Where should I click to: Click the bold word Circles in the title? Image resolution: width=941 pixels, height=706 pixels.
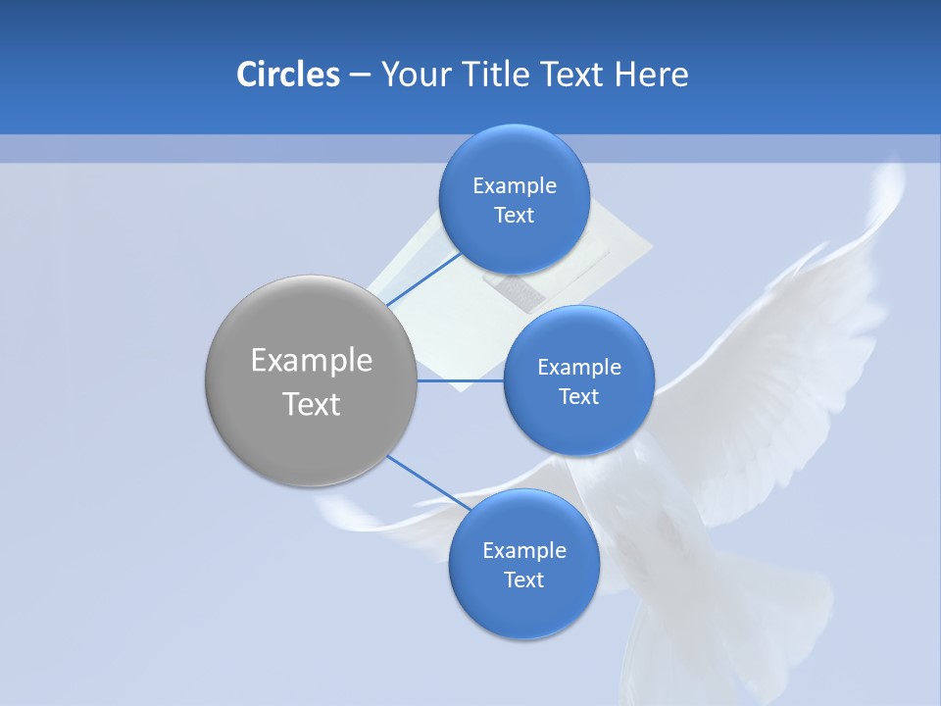coord(287,75)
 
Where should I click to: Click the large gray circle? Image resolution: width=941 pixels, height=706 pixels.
coord(311,380)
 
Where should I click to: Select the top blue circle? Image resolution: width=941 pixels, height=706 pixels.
coord(514,199)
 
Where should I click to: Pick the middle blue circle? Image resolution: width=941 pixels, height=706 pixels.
coord(578,380)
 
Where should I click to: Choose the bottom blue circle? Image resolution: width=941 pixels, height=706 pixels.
coord(523,564)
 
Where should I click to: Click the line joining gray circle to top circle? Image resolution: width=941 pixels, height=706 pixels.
coord(423,279)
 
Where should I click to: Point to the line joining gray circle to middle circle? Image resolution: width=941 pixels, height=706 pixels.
coord(460,380)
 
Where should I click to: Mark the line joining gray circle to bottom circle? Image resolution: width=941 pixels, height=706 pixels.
coord(428,483)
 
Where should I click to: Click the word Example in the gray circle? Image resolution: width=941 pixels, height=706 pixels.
coord(312,360)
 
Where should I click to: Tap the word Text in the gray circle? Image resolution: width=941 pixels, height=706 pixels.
coord(312,403)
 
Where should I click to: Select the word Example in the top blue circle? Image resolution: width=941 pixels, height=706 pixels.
coord(515,185)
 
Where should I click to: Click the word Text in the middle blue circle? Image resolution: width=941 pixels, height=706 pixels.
coord(578,396)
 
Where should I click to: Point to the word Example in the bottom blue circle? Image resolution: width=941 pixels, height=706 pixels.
coord(524,550)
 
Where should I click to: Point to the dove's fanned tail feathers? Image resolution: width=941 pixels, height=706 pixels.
coord(725,628)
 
